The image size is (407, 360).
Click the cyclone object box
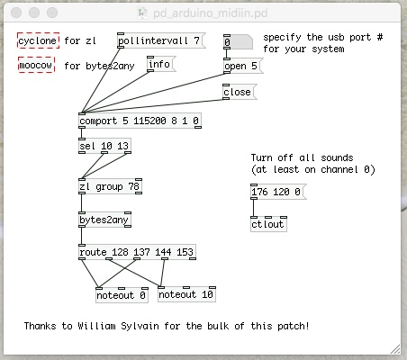38,40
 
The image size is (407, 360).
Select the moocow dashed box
36,65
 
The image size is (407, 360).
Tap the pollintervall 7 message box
161,40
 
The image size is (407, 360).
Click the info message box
161,64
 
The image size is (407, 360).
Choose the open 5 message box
243,66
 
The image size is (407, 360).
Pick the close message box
240,92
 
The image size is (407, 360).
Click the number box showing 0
238,42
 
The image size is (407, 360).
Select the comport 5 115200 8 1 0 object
140,121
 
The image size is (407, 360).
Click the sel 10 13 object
104,146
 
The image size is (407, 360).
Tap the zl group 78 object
110,186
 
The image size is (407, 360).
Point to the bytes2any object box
104,220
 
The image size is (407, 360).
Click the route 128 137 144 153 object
137,252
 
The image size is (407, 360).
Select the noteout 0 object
122,295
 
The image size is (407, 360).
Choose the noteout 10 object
186,294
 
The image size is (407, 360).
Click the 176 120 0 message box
278,192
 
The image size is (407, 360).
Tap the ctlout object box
268,224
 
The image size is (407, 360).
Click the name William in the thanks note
96,326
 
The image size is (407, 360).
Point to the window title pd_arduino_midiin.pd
210,13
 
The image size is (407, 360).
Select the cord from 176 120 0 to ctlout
254,208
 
